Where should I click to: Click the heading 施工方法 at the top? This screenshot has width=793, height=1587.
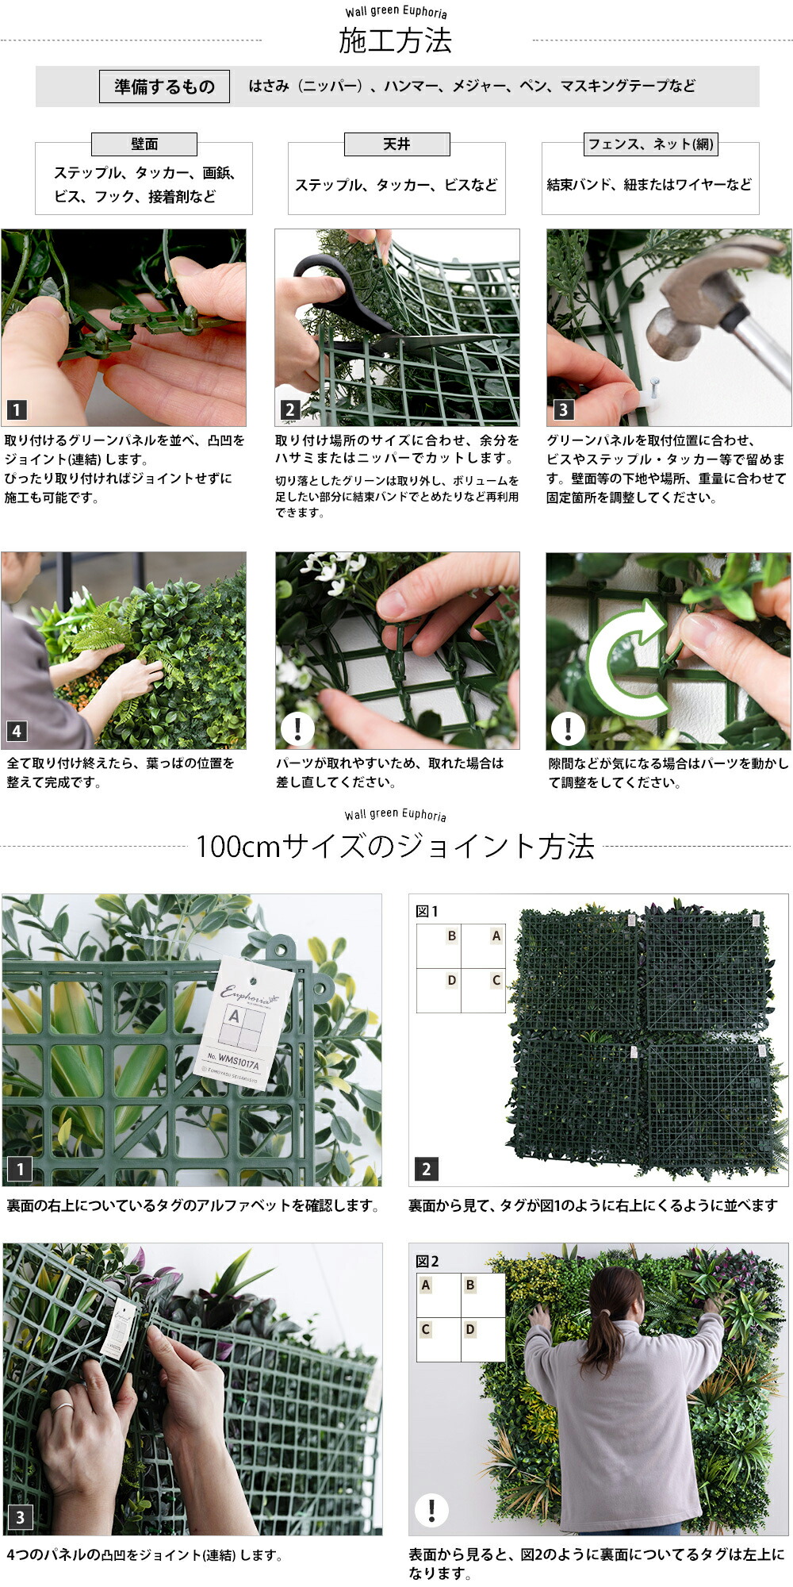point(395,40)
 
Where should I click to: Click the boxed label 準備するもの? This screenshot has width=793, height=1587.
point(164,86)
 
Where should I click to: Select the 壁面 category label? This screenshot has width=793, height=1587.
point(144,144)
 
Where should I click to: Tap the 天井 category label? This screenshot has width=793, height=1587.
point(396,144)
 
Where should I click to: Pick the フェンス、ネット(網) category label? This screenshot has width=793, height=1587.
point(649,144)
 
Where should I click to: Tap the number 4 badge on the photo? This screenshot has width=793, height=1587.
point(17,731)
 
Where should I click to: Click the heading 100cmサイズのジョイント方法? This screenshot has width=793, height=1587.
point(395,847)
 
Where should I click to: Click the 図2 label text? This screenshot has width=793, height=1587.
point(427,1261)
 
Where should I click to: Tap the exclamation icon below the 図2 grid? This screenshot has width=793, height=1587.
point(431,1509)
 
